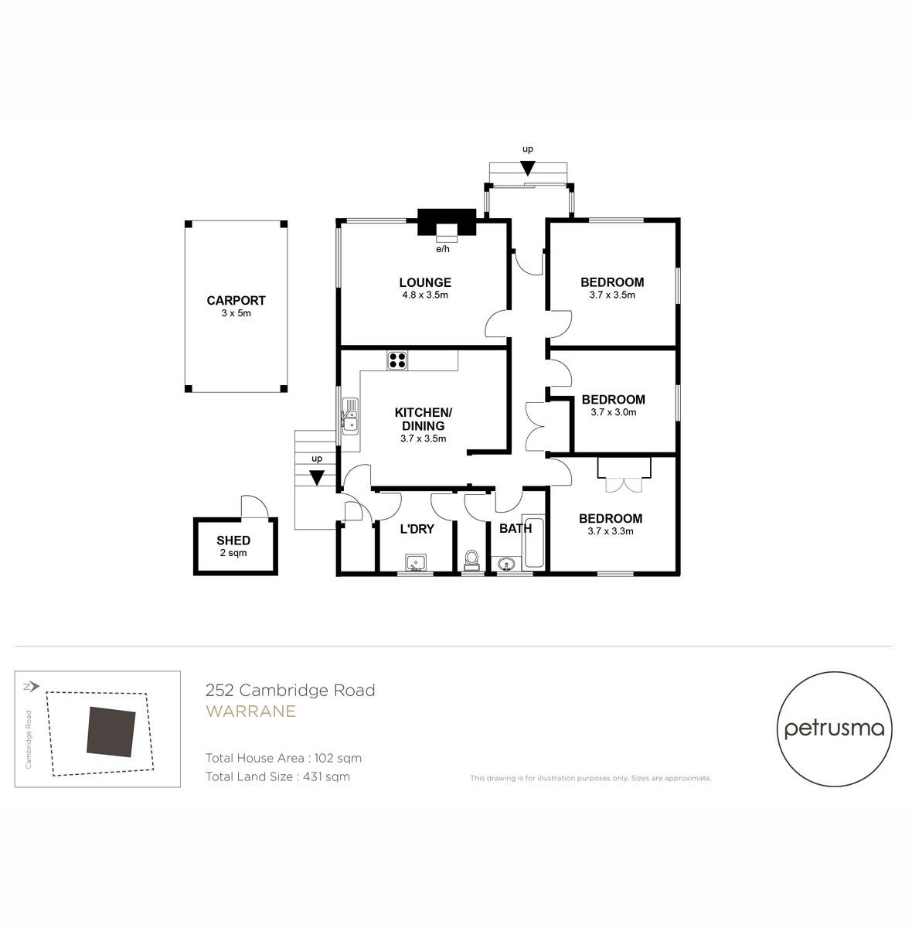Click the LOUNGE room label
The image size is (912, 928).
425,282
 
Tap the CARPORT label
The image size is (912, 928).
236,301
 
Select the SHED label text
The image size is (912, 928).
233,541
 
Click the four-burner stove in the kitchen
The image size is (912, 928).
397,360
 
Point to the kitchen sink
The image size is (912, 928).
350,417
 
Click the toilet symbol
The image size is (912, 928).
471,560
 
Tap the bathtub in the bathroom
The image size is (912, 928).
533,542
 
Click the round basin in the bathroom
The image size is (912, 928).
506,563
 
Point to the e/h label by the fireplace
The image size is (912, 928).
443,249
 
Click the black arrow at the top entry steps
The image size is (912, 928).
528,169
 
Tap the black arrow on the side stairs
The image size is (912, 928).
316,478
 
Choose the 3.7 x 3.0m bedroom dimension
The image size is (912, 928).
614,412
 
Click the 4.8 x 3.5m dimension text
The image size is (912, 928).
425,295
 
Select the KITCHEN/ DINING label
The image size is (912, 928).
424,419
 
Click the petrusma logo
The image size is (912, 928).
835,729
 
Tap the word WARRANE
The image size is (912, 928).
251,711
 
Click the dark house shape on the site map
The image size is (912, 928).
111,732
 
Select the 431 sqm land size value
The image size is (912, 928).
326,776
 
